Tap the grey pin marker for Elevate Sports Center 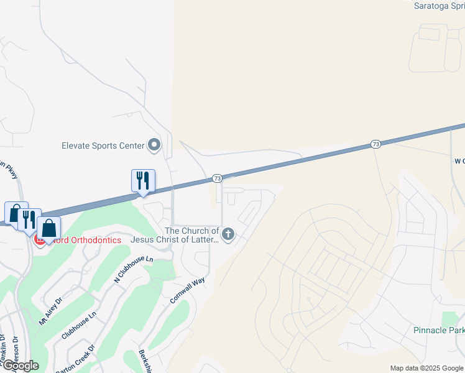pos(154,146)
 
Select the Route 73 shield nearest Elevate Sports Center pos(217,178)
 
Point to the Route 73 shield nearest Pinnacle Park pos(375,144)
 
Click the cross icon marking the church pos(228,234)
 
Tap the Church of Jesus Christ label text pos(175,234)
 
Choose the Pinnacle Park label pos(438,330)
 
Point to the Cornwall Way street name pos(188,290)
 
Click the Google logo pos(20,366)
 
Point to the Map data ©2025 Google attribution pos(426,369)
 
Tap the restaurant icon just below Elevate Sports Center pos(143,181)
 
